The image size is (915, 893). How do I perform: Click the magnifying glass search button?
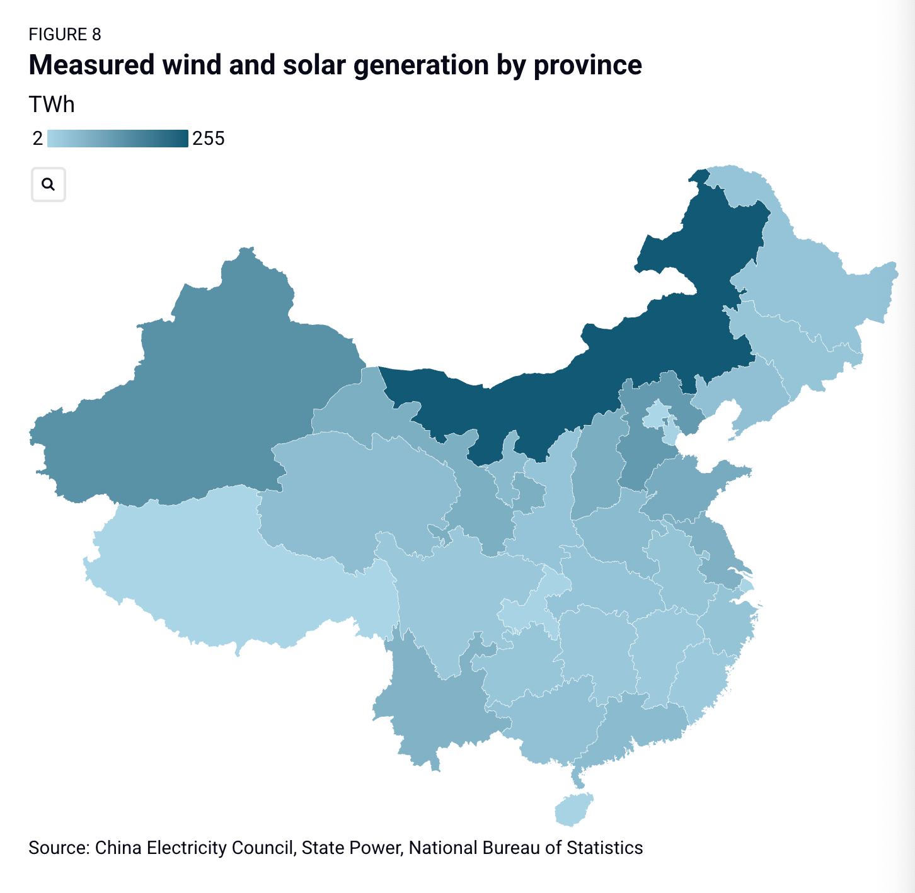click(49, 185)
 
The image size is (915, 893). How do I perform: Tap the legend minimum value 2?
click(38, 139)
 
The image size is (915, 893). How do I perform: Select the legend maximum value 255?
click(209, 139)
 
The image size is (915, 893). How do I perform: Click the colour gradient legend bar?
click(118, 139)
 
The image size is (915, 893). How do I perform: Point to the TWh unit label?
click(52, 105)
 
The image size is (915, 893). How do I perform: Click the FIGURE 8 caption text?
click(65, 35)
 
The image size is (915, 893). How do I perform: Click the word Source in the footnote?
click(59, 848)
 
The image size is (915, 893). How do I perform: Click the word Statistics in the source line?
click(604, 848)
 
